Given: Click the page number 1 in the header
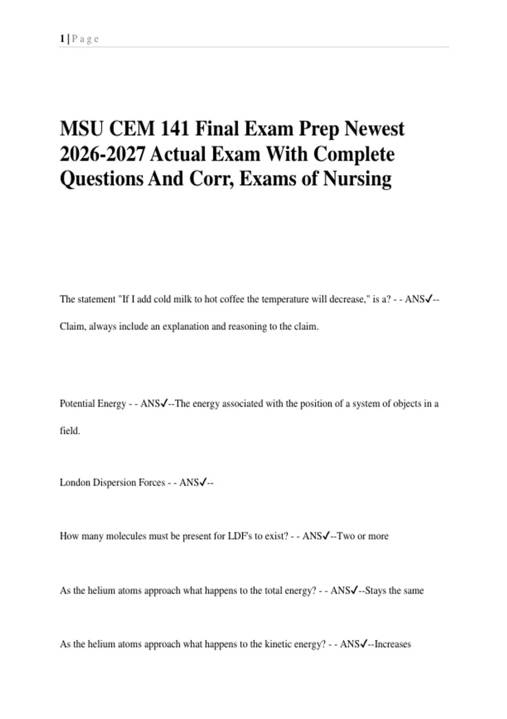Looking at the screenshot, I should coord(62,39).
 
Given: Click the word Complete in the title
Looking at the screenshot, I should coord(354,154).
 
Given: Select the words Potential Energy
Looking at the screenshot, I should coord(93,403).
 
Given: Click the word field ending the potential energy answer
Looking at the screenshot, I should coord(69,431).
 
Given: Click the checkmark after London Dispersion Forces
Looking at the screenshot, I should coord(203,482).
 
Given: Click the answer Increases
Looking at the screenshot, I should coord(393,644).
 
